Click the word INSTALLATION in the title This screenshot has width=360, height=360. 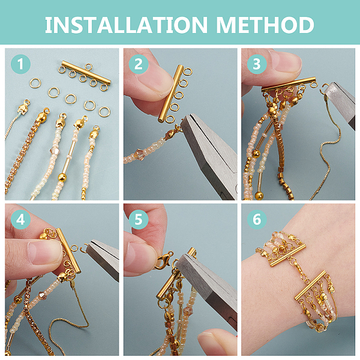click(126, 25)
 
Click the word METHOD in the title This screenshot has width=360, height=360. click(265, 25)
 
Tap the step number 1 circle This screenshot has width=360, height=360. click(20, 64)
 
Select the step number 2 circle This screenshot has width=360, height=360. click(139, 64)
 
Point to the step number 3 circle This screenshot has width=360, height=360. click(257, 64)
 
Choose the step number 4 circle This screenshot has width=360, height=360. click(20, 220)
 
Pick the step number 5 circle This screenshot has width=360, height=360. click(139, 220)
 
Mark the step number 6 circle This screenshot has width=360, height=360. click(257, 220)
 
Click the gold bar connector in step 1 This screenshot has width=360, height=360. click(86, 73)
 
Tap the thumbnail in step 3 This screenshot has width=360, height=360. click(286, 60)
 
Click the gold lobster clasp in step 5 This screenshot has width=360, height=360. click(164, 260)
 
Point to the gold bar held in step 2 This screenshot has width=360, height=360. click(170, 93)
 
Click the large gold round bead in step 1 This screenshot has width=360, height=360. click(62, 177)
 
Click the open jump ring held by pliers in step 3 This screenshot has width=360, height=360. click(325, 89)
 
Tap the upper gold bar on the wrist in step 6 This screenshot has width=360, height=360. click(288, 256)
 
